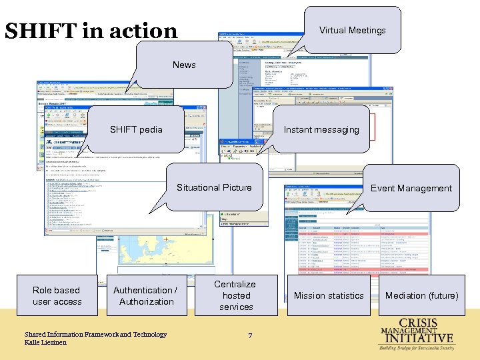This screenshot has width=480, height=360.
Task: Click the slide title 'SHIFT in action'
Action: (x=91, y=31)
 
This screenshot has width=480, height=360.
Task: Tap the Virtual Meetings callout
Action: (x=352, y=30)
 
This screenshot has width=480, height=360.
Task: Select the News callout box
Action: (x=184, y=65)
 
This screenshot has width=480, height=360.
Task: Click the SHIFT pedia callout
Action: (x=136, y=129)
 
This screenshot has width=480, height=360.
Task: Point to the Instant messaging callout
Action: (x=321, y=130)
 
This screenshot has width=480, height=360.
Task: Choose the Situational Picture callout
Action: (x=214, y=187)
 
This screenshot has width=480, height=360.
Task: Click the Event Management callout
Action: (x=411, y=188)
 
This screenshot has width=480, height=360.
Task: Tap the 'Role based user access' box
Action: (x=57, y=295)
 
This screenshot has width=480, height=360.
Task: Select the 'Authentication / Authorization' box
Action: (x=146, y=295)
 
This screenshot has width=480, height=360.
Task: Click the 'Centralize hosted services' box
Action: (x=236, y=295)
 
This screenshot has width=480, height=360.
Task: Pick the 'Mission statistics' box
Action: (x=329, y=295)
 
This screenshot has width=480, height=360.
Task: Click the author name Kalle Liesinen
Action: (x=46, y=342)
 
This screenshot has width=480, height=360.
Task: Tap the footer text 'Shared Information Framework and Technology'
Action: (x=95, y=334)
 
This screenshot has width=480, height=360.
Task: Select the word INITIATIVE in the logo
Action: (x=425, y=338)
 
